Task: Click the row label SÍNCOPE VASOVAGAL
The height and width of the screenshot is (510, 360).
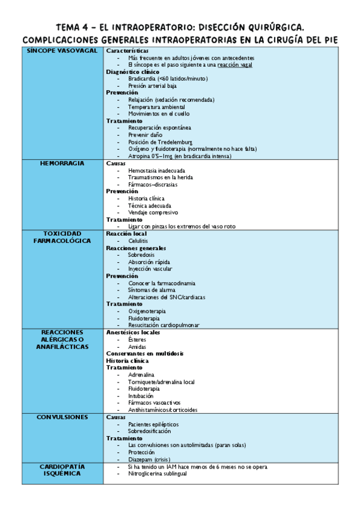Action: pyautogui.click(x=63, y=51)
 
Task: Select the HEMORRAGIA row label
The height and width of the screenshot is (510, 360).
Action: pyautogui.click(x=63, y=164)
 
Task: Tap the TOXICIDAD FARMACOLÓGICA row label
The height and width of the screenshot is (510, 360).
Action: pyautogui.click(x=63, y=237)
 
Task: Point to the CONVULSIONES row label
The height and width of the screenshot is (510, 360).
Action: pyautogui.click(x=63, y=417)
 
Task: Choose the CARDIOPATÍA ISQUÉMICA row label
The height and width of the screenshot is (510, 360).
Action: pyautogui.click(x=63, y=470)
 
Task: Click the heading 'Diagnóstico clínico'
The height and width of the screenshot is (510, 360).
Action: pyautogui.click(x=129, y=72)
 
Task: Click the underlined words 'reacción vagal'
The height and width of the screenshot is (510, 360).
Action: pyautogui.click(x=235, y=64)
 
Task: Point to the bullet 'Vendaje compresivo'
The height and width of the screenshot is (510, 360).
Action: pyautogui.click(x=153, y=212)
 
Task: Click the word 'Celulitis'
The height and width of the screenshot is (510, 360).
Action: pyautogui.click(x=138, y=241)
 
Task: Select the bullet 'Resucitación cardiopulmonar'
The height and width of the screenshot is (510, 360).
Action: pyautogui.click(x=163, y=325)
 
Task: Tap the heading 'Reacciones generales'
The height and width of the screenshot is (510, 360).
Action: pyautogui.click(x=136, y=248)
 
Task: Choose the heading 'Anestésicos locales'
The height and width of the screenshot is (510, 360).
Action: pyautogui.click(x=133, y=333)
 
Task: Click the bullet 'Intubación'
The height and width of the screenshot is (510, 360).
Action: pyautogui.click(x=141, y=396)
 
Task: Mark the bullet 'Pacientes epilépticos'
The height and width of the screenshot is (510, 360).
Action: pyautogui.click(x=153, y=424)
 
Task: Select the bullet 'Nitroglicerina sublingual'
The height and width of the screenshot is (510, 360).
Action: pyautogui.click(x=157, y=473)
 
